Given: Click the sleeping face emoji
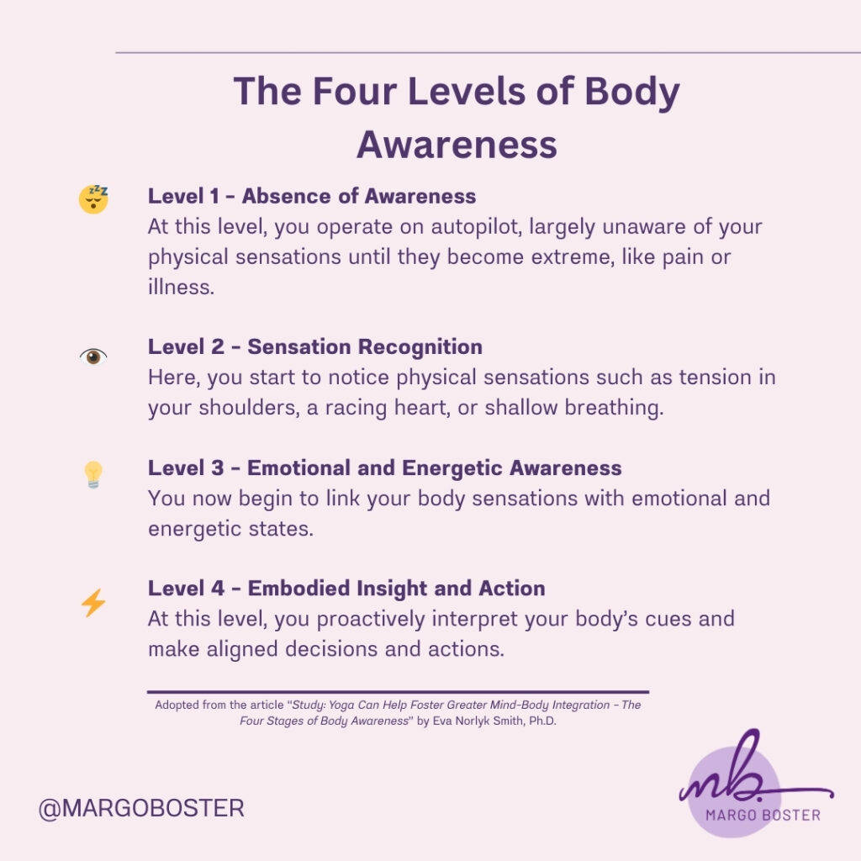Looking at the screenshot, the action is (x=93, y=199).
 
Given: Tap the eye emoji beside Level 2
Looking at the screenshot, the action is (x=93, y=357).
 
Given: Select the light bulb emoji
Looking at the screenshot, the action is (x=93, y=474).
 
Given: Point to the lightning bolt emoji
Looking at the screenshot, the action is (x=93, y=603).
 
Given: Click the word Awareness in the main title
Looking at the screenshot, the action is (x=457, y=145).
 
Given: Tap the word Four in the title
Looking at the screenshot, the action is (x=355, y=91).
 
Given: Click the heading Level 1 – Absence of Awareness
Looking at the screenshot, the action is (x=312, y=196).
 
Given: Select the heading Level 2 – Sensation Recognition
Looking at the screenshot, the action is (x=315, y=347).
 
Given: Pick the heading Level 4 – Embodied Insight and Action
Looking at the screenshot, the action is (x=346, y=588).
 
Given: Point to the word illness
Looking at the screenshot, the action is (x=181, y=287).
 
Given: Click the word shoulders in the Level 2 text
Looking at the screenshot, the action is (x=249, y=408).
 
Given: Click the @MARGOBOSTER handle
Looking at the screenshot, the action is (x=141, y=808).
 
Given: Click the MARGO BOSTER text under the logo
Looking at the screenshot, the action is (x=763, y=816).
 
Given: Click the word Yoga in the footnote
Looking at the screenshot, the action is (x=341, y=705).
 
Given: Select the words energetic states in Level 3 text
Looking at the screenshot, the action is (x=230, y=529).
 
